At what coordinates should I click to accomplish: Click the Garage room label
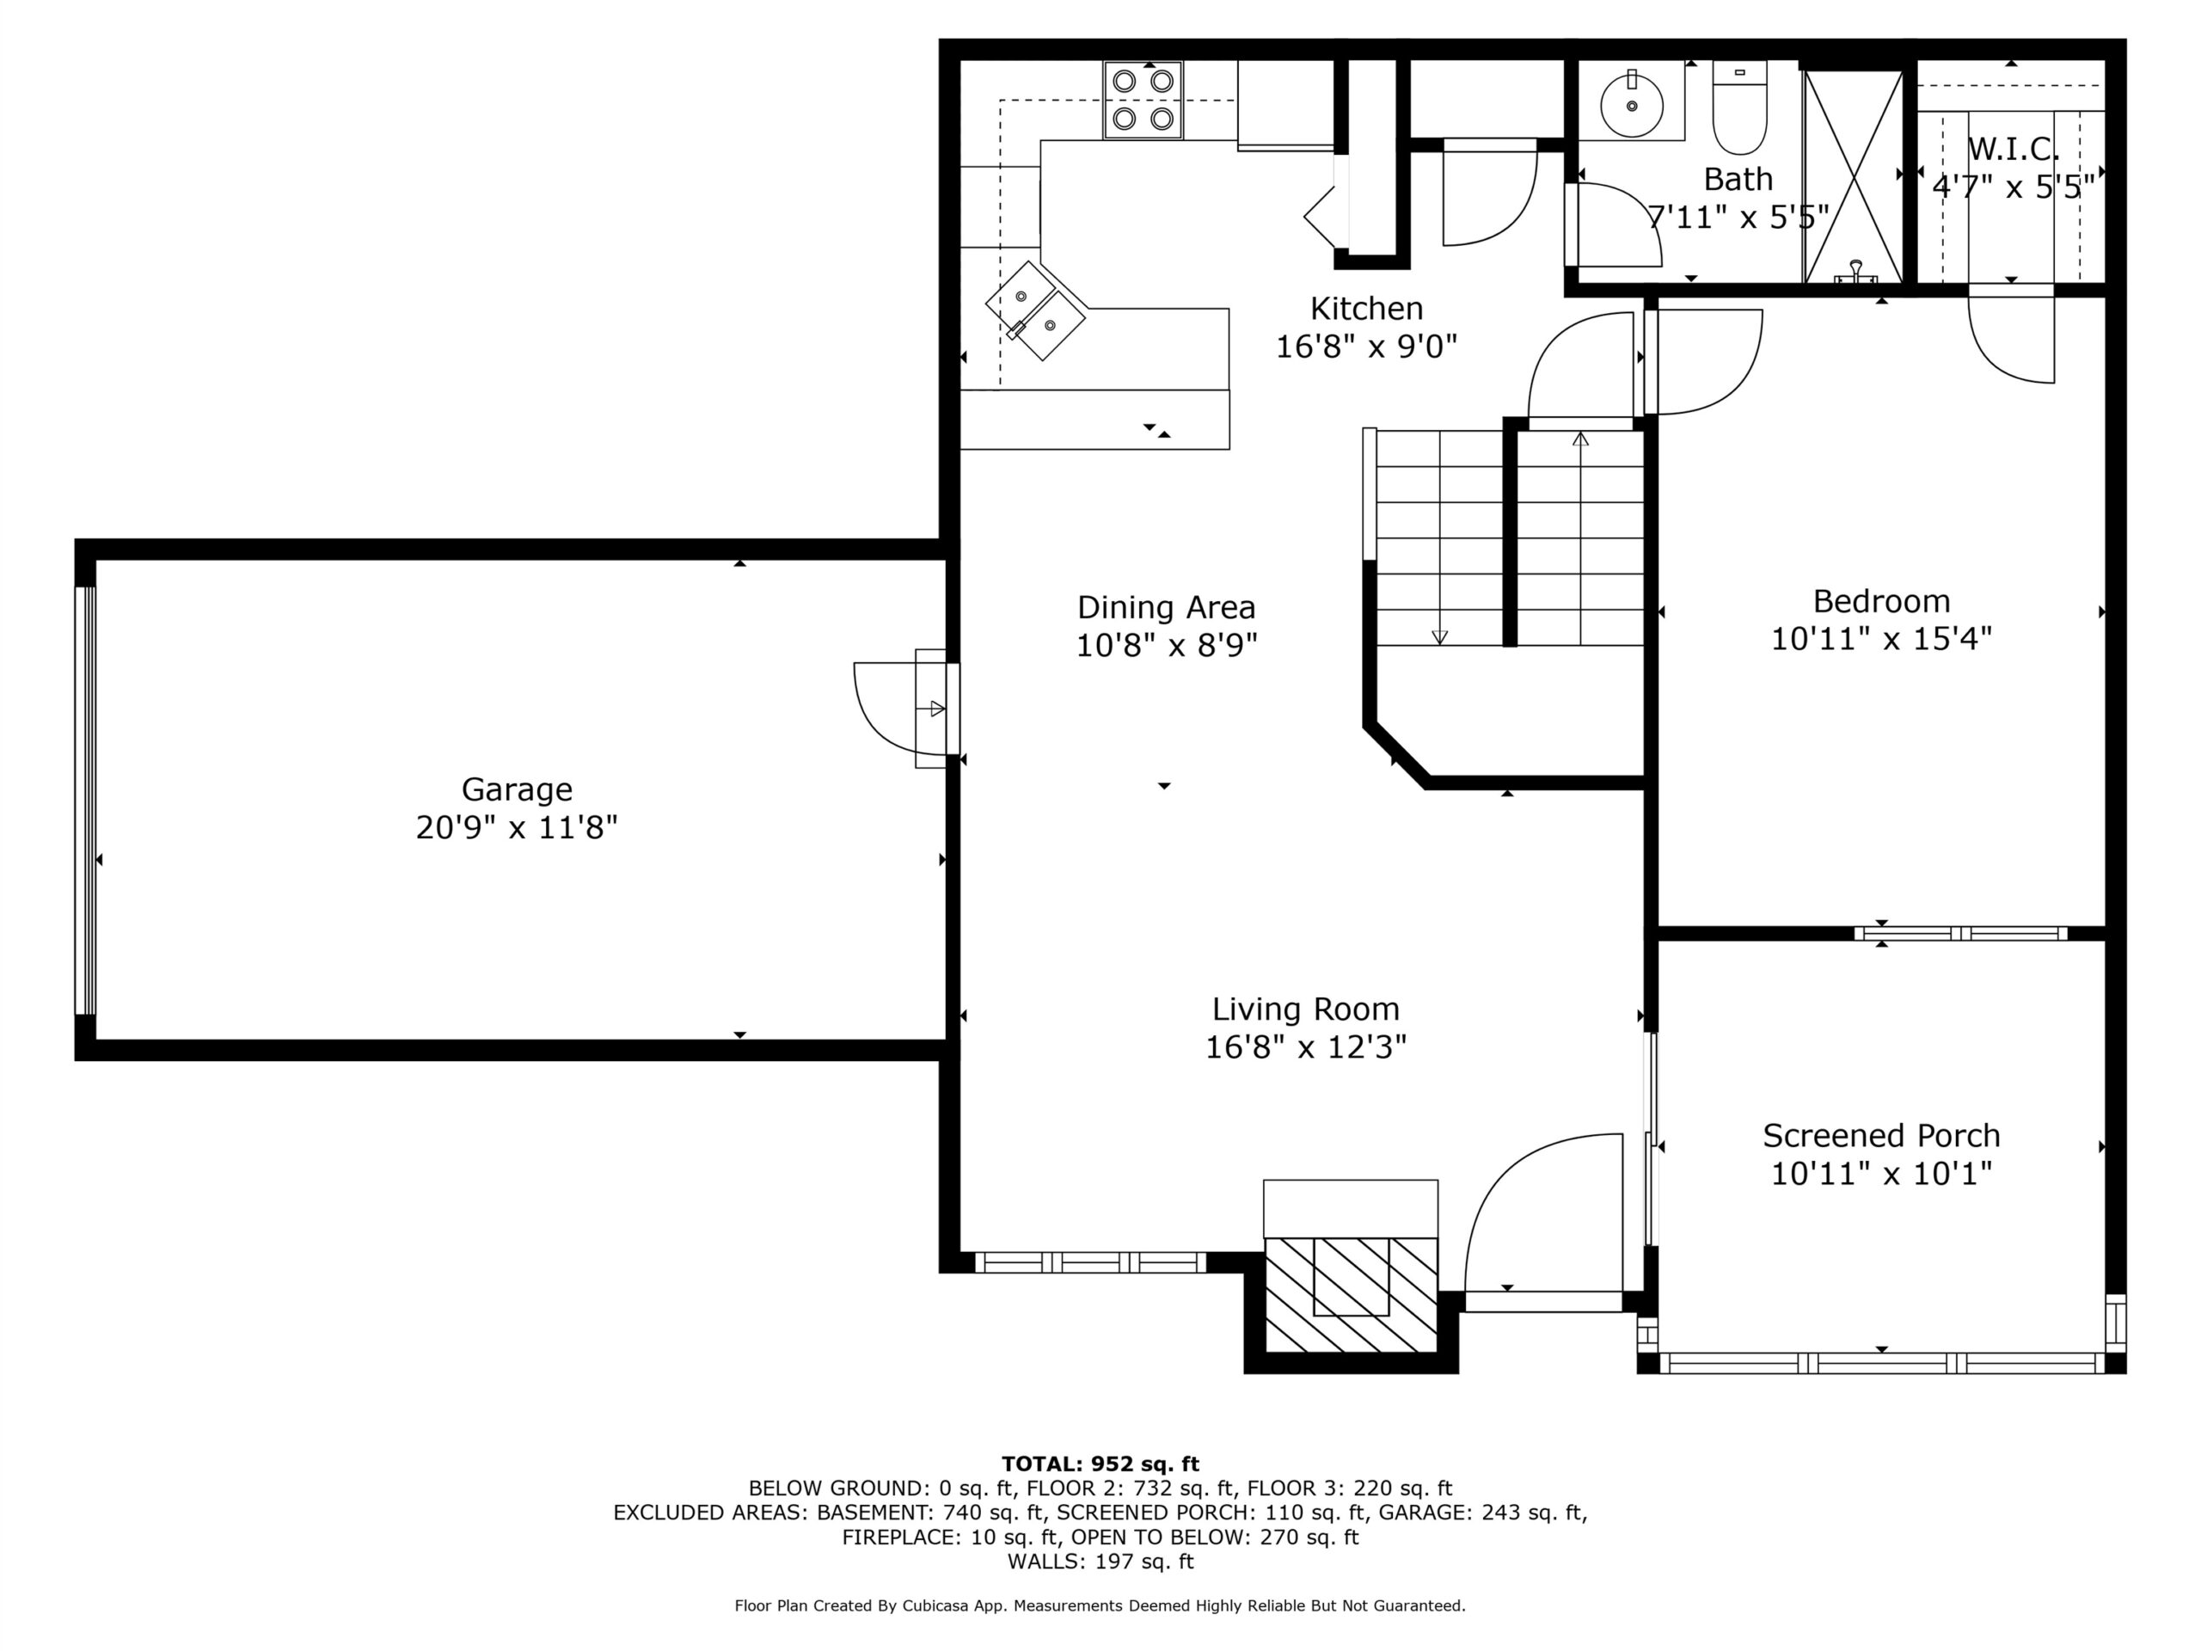coord(517,789)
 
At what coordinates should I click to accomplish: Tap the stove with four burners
coord(1143,101)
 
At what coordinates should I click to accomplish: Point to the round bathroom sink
coord(1632,103)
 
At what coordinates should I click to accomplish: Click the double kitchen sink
coord(1035,310)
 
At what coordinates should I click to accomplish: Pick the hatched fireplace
coord(1350,1295)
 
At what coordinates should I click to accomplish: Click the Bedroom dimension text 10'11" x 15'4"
coord(1880,638)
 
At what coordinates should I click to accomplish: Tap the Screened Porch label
coord(1880,1136)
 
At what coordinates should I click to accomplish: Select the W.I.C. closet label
coord(2013,150)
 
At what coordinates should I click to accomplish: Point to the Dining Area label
coord(1166,607)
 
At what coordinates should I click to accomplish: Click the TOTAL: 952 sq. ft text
coord(1100,1464)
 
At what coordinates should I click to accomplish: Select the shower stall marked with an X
coord(1853,176)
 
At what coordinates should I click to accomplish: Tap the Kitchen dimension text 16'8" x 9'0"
coord(1366,347)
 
